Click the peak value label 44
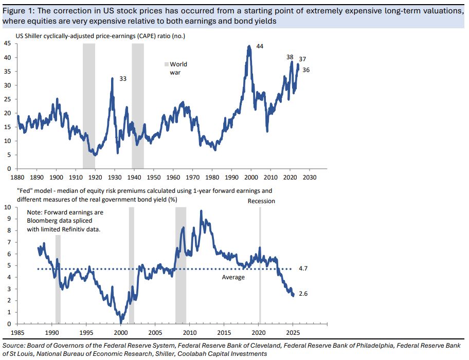(x=259, y=47)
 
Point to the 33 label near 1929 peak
(x=122, y=79)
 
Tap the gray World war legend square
(x=166, y=64)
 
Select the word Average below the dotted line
(x=233, y=277)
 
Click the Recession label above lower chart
(x=261, y=201)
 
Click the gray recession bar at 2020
(x=260, y=267)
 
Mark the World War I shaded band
(x=89, y=103)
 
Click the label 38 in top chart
(x=290, y=57)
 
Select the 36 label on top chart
(x=306, y=70)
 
